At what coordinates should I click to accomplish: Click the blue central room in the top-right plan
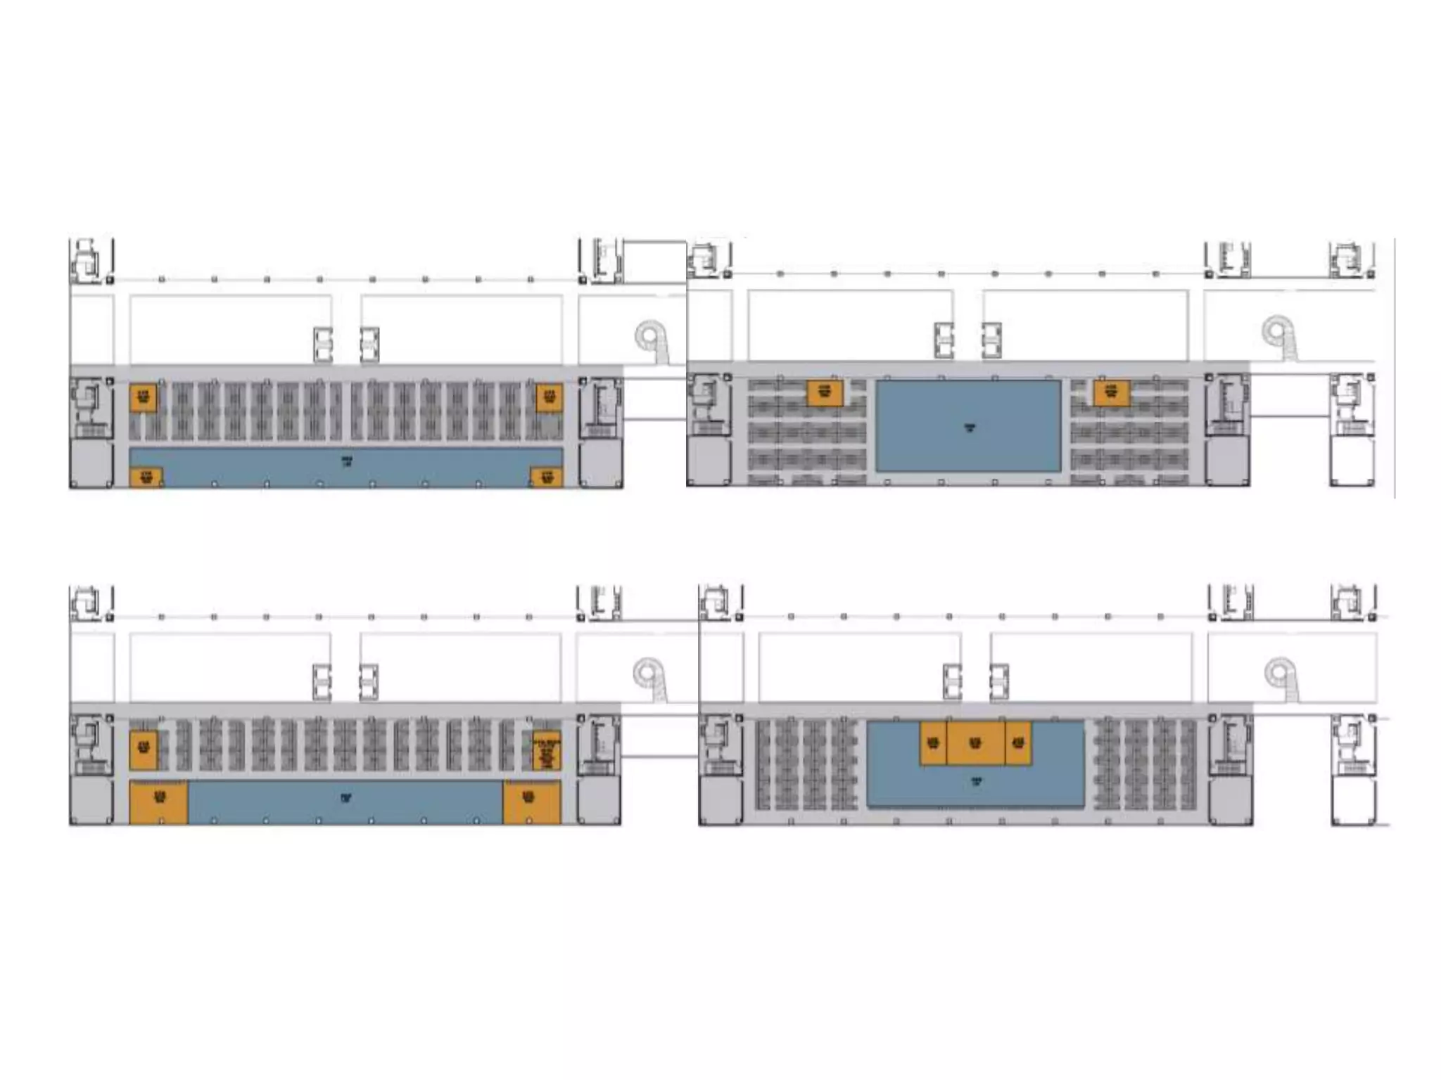point(968,426)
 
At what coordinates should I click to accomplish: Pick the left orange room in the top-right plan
point(824,392)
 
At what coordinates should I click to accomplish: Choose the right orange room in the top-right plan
point(1111,393)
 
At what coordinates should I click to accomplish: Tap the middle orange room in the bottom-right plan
point(975,742)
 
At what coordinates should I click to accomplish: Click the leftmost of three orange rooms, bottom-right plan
point(933,742)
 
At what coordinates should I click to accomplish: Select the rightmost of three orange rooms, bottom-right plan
point(1018,742)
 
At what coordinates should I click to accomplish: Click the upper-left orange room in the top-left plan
point(143,397)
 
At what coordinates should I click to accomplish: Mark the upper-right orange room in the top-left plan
point(549,397)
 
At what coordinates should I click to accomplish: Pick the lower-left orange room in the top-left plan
point(146,477)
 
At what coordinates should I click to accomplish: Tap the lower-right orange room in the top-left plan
point(546,477)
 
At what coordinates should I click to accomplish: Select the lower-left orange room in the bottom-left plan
point(159,802)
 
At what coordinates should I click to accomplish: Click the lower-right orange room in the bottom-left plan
point(531,802)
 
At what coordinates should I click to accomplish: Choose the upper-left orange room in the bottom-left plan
point(143,750)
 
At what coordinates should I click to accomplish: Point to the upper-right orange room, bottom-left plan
point(547,750)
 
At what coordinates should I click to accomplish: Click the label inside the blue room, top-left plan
point(347,461)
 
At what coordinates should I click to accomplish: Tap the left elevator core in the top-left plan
point(323,345)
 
